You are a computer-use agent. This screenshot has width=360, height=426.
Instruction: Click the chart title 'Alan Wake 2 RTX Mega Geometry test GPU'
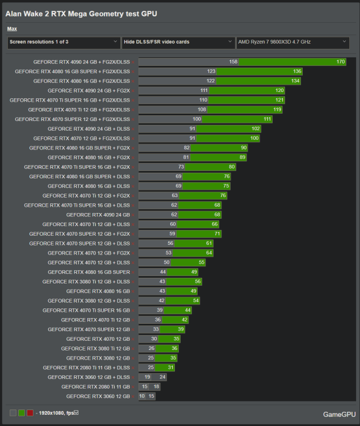pos(81,14)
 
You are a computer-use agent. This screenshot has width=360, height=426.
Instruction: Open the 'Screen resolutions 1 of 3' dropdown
pos(63,42)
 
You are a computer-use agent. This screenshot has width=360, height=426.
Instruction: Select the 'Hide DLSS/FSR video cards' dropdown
pos(178,42)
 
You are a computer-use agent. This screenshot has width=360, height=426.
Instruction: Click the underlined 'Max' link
pos(12,28)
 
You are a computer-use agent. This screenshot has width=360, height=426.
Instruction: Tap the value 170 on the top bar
pos(340,61)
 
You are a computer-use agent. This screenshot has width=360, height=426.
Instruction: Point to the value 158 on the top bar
pos(233,61)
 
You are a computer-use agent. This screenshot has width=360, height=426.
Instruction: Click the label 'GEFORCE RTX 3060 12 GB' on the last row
pos(98,396)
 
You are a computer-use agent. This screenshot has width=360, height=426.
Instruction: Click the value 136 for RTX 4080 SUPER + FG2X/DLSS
pos(297,71)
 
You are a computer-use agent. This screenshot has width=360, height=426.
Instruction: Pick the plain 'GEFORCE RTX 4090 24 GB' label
pos(98,215)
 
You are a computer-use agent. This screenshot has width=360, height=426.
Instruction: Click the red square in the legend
pos(30,413)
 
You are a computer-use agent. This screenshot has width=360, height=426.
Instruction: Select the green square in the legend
pos(22,413)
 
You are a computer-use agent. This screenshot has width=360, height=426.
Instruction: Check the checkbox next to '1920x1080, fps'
pos(76,412)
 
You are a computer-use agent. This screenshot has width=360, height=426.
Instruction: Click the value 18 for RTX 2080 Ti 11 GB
pos(156,387)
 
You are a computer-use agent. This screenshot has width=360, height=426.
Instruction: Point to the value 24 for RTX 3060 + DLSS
pos(162,377)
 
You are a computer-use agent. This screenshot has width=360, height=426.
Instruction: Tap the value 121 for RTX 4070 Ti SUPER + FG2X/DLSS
pos(279,99)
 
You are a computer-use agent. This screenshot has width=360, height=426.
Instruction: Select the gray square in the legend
pos(13,413)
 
